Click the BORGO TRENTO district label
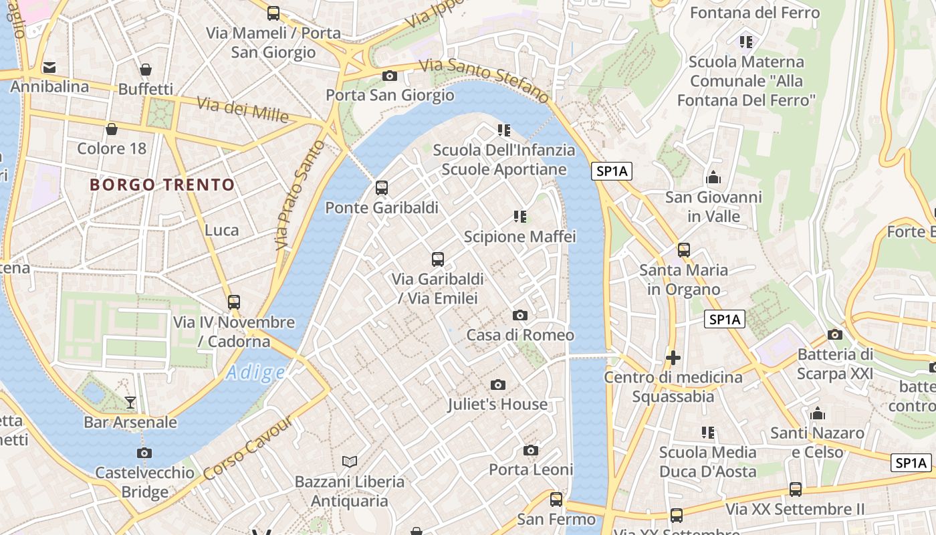[x=162, y=185]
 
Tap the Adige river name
[x=255, y=372]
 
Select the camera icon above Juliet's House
[x=497, y=385]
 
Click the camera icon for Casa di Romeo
[x=519, y=315]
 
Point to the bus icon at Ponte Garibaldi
[x=382, y=188]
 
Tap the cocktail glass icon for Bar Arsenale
[x=130, y=402]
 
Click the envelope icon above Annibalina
[x=49, y=68]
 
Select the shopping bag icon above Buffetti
[x=145, y=70]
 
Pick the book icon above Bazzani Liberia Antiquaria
[x=350, y=461]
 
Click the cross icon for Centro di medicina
[x=673, y=358]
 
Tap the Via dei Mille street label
[x=243, y=110]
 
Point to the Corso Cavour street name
[x=248, y=447]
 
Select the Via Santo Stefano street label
[x=485, y=80]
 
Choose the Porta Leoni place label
[x=531, y=469]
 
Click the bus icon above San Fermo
[x=556, y=500]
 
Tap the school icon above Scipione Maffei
[x=519, y=217]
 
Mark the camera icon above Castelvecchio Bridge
[x=144, y=453]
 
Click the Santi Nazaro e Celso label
[x=816, y=442]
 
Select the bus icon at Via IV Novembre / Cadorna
[x=233, y=302]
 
